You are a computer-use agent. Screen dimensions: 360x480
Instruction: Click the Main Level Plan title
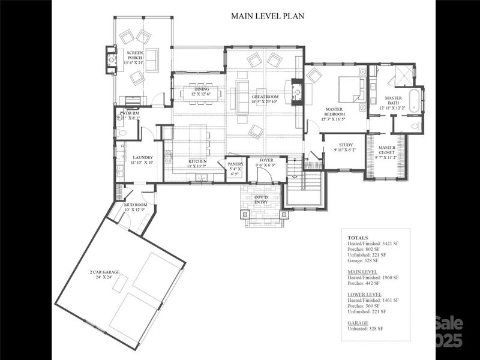coord(268,16)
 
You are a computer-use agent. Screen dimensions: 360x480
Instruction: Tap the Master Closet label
coord(386,152)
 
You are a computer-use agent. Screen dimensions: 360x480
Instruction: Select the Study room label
coord(345,147)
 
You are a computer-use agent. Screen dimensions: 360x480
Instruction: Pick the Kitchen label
coord(197,164)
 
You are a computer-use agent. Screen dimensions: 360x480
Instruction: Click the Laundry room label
coord(143,160)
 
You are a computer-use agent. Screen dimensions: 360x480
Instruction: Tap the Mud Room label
coord(136,207)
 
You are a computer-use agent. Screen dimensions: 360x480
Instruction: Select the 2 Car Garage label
coord(105,275)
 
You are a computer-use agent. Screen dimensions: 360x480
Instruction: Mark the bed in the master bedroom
coord(347,90)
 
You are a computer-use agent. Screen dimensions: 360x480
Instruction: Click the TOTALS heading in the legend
coord(358,238)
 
